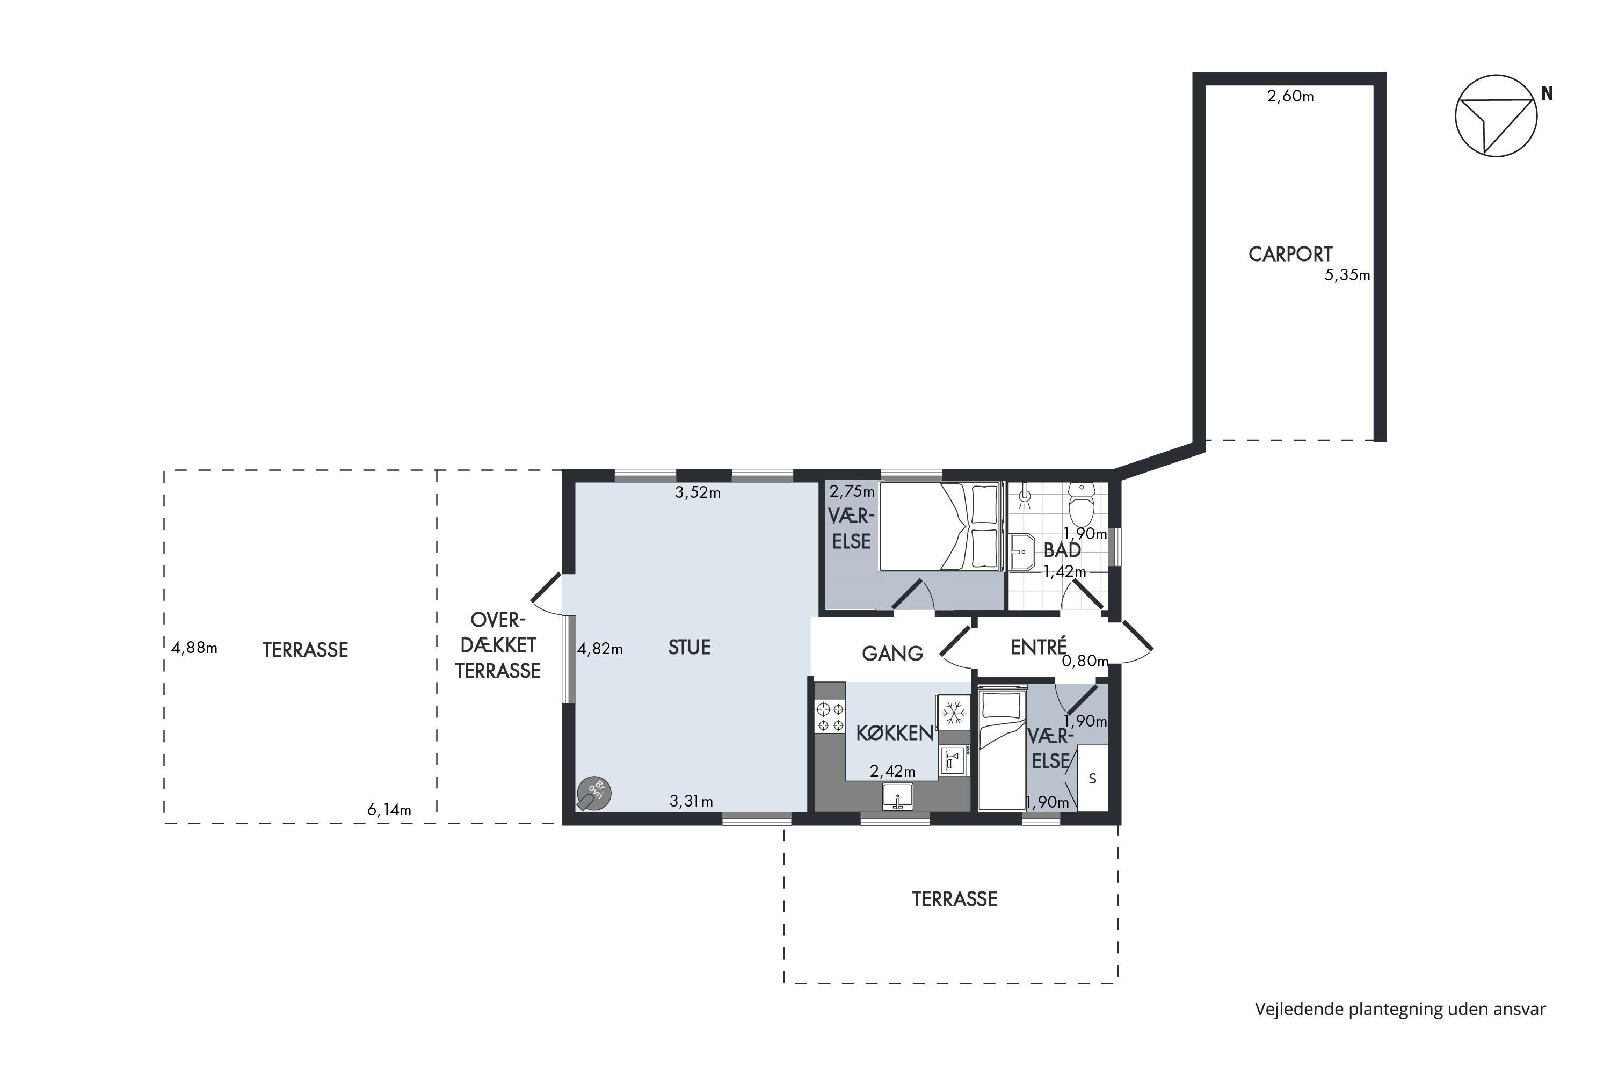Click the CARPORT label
point(1290,254)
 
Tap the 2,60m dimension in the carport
point(1290,97)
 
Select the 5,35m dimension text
point(1347,275)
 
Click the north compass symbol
point(1496,116)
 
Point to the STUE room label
point(689,647)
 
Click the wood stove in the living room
point(593,794)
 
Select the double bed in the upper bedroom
point(940,527)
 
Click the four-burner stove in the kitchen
point(830,716)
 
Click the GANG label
point(892,654)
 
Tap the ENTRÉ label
point(1039,647)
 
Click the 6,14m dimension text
point(389,810)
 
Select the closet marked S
point(1092,779)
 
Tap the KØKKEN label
point(895,734)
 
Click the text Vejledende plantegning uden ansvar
point(1400,1009)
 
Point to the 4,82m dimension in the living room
point(600,649)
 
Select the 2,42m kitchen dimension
point(892,771)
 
